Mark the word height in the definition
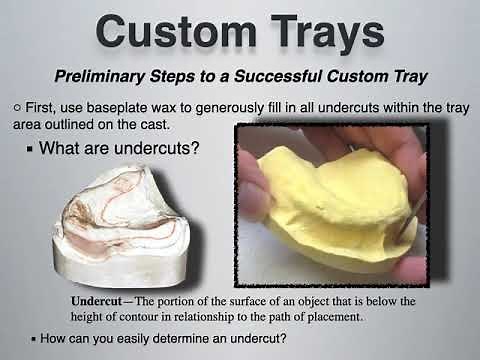coord(92,316)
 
